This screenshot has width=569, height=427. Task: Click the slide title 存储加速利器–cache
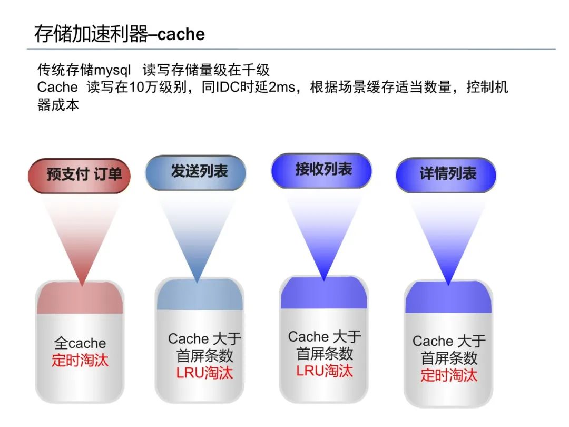119,34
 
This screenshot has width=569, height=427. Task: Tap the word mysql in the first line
112,70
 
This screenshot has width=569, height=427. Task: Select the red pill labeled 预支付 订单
79,174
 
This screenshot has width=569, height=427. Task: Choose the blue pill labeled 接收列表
323,170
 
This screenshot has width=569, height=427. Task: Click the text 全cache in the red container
80,344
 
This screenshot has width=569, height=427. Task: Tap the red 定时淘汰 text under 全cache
80,361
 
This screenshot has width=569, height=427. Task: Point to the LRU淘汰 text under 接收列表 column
324,370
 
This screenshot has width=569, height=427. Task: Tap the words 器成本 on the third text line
58,104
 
